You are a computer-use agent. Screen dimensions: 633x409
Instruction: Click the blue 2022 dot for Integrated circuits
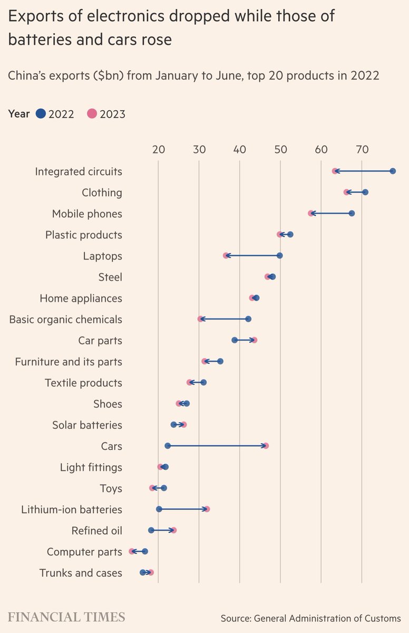(393, 171)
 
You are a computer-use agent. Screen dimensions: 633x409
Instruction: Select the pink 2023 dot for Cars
(266, 446)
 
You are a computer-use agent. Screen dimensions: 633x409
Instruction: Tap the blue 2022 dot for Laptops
(279, 255)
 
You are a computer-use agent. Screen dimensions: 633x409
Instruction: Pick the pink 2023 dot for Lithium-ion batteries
(207, 509)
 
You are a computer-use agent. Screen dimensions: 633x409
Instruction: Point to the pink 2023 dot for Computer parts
(132, 551)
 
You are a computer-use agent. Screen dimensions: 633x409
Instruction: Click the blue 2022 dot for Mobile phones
(352, 213)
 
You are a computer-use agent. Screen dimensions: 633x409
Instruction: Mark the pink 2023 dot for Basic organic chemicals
(200, 319)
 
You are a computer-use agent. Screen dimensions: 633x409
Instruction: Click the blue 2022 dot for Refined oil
(151, 530)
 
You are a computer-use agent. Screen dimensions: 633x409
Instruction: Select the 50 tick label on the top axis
(280, 150)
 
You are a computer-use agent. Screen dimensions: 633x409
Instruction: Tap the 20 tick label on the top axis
(158, 150)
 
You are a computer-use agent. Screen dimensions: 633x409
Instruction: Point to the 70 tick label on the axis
(362, 150)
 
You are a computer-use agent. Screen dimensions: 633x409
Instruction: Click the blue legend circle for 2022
(41, 113)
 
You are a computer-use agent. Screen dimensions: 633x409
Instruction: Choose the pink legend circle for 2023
(92, 113)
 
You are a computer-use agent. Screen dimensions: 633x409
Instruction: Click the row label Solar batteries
(87, 425)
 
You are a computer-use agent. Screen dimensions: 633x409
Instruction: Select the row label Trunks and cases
(81, 573)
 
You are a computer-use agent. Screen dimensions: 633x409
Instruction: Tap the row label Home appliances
(81, 299)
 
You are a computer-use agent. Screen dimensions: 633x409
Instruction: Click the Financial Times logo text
(66, 617)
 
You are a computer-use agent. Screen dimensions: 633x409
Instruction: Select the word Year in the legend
(19, 113)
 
